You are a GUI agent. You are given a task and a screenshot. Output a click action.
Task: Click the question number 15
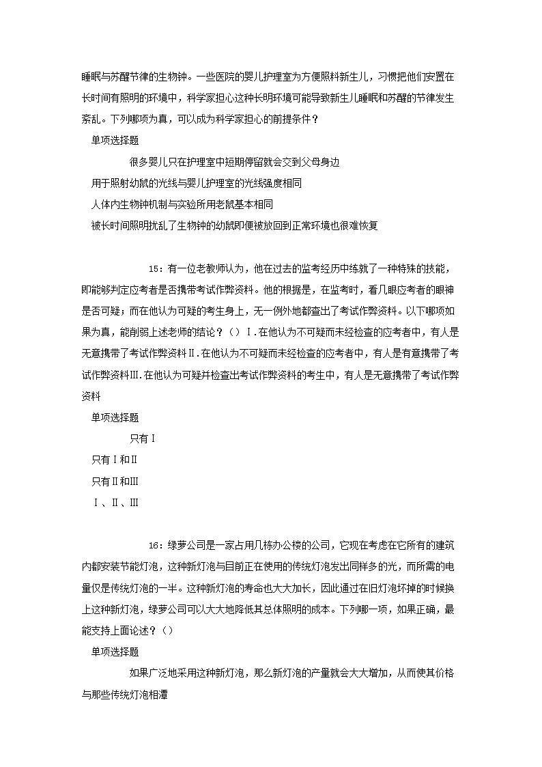pos(154,268)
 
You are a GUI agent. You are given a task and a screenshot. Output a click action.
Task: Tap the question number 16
pos(154,545)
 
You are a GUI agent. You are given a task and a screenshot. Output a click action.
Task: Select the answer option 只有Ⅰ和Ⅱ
pos(115,460)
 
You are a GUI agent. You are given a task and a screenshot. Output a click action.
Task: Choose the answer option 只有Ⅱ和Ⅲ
pos(115,482)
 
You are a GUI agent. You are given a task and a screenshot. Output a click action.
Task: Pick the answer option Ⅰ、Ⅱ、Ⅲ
pos(115,503)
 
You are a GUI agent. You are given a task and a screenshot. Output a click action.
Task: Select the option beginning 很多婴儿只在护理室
pos(233,162)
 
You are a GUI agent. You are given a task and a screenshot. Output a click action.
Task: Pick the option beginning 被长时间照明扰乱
pos(233,225)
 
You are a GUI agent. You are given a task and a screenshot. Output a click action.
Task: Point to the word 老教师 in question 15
pos(210,268)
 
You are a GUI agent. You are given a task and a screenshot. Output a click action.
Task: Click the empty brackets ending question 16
pos(168,630)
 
